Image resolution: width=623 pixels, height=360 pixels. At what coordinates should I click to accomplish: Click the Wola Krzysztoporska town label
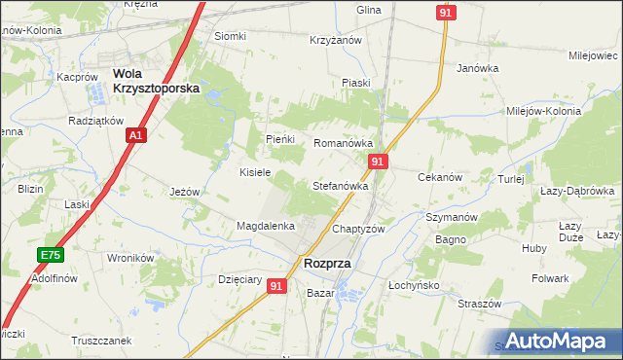(156, 80)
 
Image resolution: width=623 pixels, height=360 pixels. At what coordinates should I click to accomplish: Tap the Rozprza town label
(327, 263)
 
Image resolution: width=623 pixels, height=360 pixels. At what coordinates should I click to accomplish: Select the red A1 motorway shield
(137, 135)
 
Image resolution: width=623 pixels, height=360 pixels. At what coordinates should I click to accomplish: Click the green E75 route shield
(50, 255)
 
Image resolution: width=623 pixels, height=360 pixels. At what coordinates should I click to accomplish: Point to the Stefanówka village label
(340, 185)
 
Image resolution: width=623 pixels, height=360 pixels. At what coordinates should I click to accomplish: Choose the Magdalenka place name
(266, 226)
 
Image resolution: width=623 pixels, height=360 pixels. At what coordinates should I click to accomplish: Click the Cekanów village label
(438, 178)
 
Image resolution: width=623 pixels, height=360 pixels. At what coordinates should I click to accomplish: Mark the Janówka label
(478, 68)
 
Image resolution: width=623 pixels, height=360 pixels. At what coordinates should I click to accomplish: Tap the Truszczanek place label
(100, 342)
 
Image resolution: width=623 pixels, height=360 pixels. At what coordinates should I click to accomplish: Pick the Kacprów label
(79, 76)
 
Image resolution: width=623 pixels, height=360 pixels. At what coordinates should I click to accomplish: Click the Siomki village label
(231, 37)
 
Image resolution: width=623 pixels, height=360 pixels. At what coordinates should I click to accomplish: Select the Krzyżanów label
(336, 40)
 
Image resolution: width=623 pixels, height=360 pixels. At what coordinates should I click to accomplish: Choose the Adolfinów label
(55, 278)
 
